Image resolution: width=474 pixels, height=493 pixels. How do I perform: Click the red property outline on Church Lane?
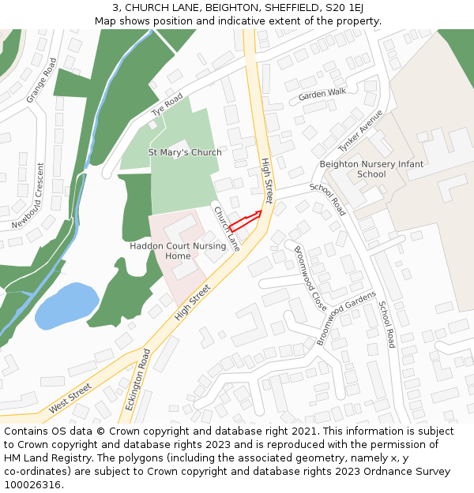point(244,221)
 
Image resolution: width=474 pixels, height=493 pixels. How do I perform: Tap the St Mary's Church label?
point(185,152)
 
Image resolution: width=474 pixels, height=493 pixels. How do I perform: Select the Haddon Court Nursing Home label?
point(178,251)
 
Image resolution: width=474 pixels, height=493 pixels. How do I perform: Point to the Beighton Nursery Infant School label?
point(371,169)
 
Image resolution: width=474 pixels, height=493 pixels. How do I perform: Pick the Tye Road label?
point(167,104)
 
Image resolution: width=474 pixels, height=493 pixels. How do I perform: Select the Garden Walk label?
point(322,94)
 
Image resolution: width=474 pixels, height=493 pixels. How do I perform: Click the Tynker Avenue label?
point(360,130)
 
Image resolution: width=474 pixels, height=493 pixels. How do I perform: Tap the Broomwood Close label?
point(310,278)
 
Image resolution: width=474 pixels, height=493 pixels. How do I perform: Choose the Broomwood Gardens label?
point(347,318)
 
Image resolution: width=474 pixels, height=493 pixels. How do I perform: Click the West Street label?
point(70,398)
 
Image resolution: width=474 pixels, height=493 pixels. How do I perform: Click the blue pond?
point(67,305)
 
